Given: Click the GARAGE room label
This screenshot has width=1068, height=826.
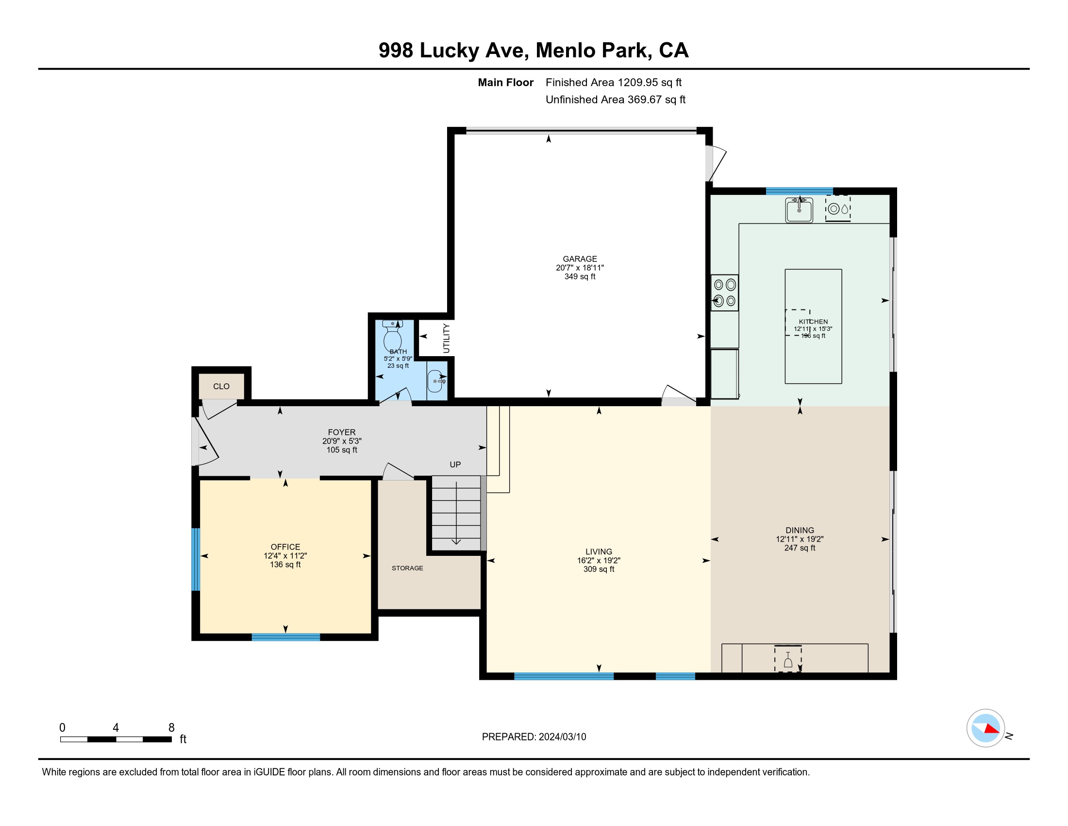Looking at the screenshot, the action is click(x=580, y=259).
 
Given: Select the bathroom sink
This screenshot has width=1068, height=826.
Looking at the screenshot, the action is click(x=436, y=381).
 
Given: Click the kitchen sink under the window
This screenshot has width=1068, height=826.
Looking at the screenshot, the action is click(x=799, y=210).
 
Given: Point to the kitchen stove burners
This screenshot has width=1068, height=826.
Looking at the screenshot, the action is click(x=724, y=293).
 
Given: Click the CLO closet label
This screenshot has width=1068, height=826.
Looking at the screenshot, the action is click(x=221, y=387).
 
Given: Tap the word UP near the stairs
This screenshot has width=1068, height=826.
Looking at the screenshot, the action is click(x=455, y=465).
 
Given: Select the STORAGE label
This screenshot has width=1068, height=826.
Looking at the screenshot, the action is click(x=407, y=568).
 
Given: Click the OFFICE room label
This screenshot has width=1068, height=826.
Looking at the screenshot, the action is click(x=285, y=547).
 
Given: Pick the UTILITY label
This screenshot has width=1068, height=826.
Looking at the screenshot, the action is click(x=446, y=338).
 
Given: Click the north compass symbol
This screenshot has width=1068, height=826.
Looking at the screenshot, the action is click(x=985, y=728).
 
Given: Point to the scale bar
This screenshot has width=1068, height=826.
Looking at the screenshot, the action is click(x=116, y=739).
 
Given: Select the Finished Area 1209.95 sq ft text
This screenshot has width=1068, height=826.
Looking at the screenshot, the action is click(x=613, y=82).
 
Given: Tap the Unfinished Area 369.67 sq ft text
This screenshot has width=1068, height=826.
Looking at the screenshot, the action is click(x=615, y=99).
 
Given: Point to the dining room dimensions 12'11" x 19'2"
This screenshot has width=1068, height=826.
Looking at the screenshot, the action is click(x=800, y=539).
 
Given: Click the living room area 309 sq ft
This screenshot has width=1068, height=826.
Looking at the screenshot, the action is click(x=599, y=569).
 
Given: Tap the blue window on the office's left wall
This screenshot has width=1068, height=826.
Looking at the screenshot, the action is click(x=196, y=559).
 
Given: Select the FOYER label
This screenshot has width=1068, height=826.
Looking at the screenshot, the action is click(x=341, y=432).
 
